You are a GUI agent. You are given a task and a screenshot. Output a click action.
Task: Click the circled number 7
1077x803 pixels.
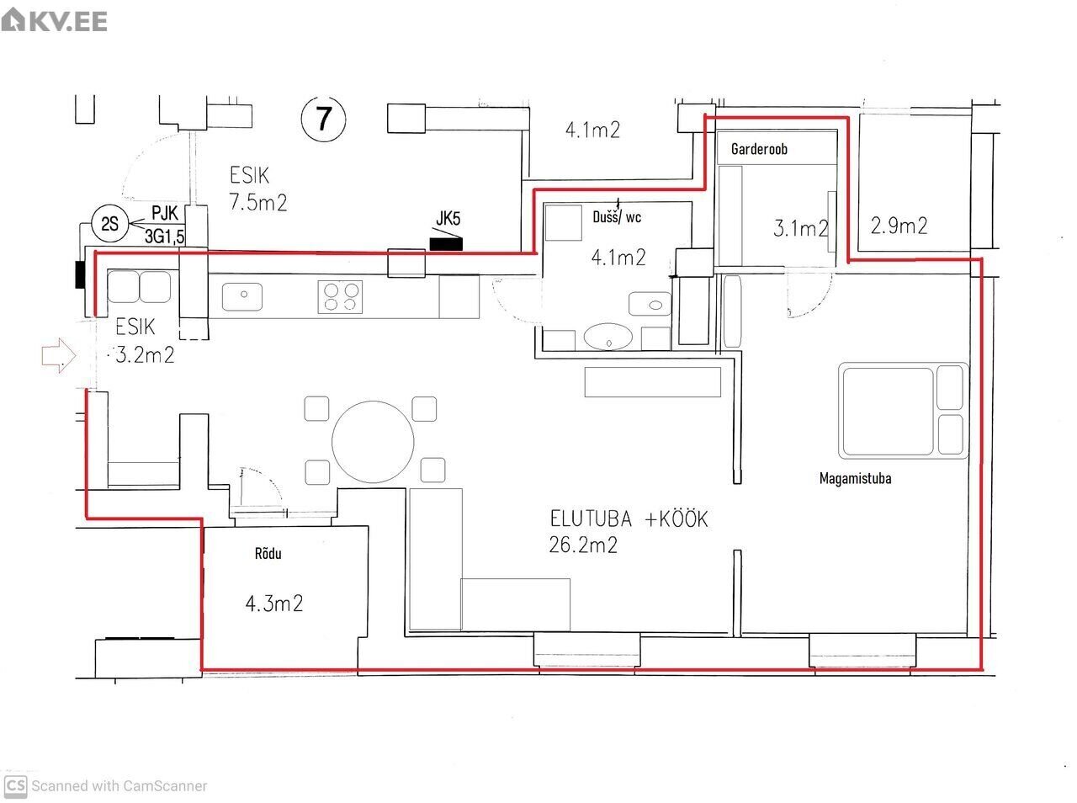(323, 120)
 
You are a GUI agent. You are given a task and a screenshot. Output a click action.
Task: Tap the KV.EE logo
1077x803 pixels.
(54, 20)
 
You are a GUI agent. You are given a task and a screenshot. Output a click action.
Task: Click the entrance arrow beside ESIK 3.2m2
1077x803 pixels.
(58, 355)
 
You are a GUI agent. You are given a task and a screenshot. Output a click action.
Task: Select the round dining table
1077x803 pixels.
(373, 442)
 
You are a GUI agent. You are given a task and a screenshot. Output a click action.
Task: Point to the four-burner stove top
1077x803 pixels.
(340, 297)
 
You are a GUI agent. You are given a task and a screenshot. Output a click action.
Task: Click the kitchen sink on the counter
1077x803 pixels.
(242, 296)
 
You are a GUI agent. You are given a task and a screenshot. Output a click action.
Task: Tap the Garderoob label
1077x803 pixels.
(759, 149)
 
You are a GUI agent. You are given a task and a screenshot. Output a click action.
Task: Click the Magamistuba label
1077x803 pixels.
(855, 478)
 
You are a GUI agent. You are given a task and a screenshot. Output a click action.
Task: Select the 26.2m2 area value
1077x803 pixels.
(583, 545)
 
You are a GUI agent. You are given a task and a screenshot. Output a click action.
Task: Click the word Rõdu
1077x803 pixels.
(268, 553)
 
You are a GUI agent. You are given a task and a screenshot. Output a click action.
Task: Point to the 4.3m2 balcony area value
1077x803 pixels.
(273, 604)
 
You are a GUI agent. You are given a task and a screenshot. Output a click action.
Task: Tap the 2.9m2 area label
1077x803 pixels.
(899, 226)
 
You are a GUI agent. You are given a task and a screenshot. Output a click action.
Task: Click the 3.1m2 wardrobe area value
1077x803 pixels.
(800, 228)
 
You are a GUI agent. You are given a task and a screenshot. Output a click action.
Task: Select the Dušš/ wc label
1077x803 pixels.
(617, 217)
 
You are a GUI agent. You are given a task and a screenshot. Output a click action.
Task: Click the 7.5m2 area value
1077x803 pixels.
(258, 202)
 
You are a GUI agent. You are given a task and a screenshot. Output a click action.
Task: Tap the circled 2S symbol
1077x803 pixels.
(109, 224)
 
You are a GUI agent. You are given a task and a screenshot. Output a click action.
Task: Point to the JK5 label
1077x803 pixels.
(448, 218)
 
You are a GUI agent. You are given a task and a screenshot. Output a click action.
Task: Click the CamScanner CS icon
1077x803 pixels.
(15, 786)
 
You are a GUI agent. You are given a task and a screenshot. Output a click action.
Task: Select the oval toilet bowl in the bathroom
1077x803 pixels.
(608, 337)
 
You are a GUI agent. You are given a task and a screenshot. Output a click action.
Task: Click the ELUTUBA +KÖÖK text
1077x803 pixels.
(629, 518)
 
